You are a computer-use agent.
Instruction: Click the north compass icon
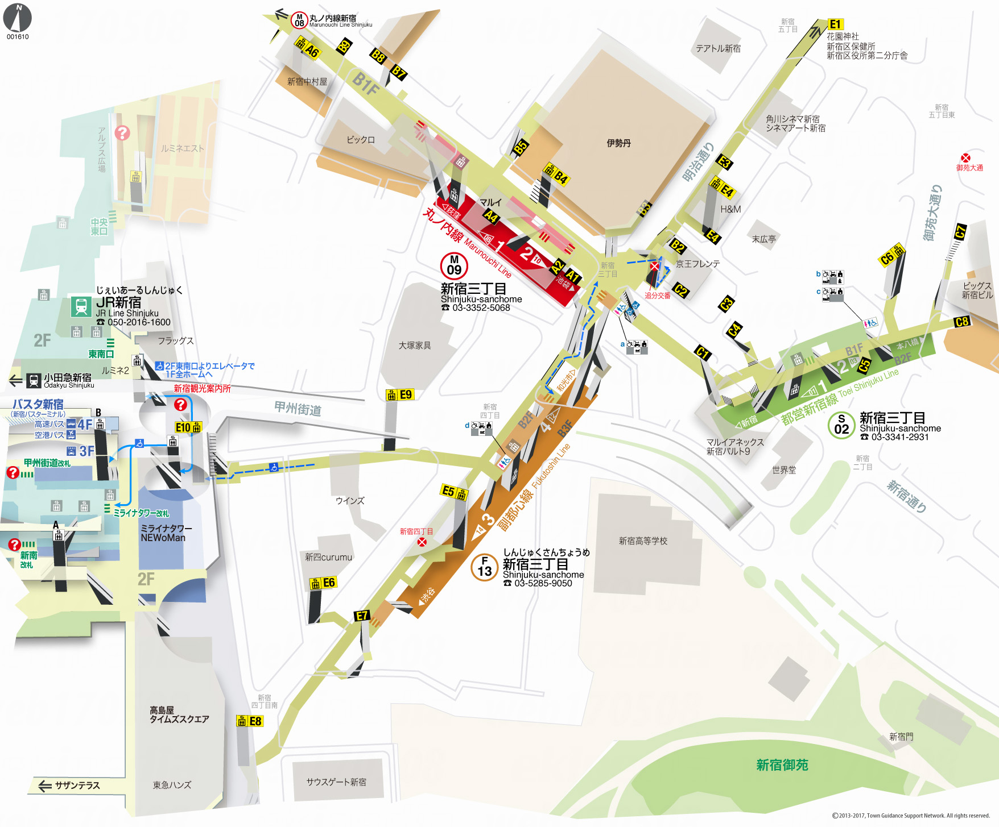coord(18,18)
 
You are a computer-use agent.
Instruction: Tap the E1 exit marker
coord(835,24)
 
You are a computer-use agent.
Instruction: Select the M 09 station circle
coord(454,265)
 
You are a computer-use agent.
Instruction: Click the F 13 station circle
coord(485,567)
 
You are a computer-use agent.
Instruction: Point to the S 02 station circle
coord(841,425)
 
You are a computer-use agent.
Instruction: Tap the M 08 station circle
coord(299,20)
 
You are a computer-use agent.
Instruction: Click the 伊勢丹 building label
coord(618,143)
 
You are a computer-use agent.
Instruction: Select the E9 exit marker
coord(405,394)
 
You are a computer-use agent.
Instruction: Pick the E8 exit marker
coord(255,721)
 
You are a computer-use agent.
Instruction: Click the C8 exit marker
coord(961,322)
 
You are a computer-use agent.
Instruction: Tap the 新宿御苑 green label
coord(782,765)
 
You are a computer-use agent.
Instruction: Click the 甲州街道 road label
coord(298,408)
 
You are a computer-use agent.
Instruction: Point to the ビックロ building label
coord(361,140)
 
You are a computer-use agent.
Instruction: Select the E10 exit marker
coord(183,427)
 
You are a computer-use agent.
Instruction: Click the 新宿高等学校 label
coord(643,541)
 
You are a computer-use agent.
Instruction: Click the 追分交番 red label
coord(657,296)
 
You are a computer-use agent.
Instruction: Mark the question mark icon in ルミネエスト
coord(122,133)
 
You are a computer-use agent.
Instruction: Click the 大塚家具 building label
coord(415,346)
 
